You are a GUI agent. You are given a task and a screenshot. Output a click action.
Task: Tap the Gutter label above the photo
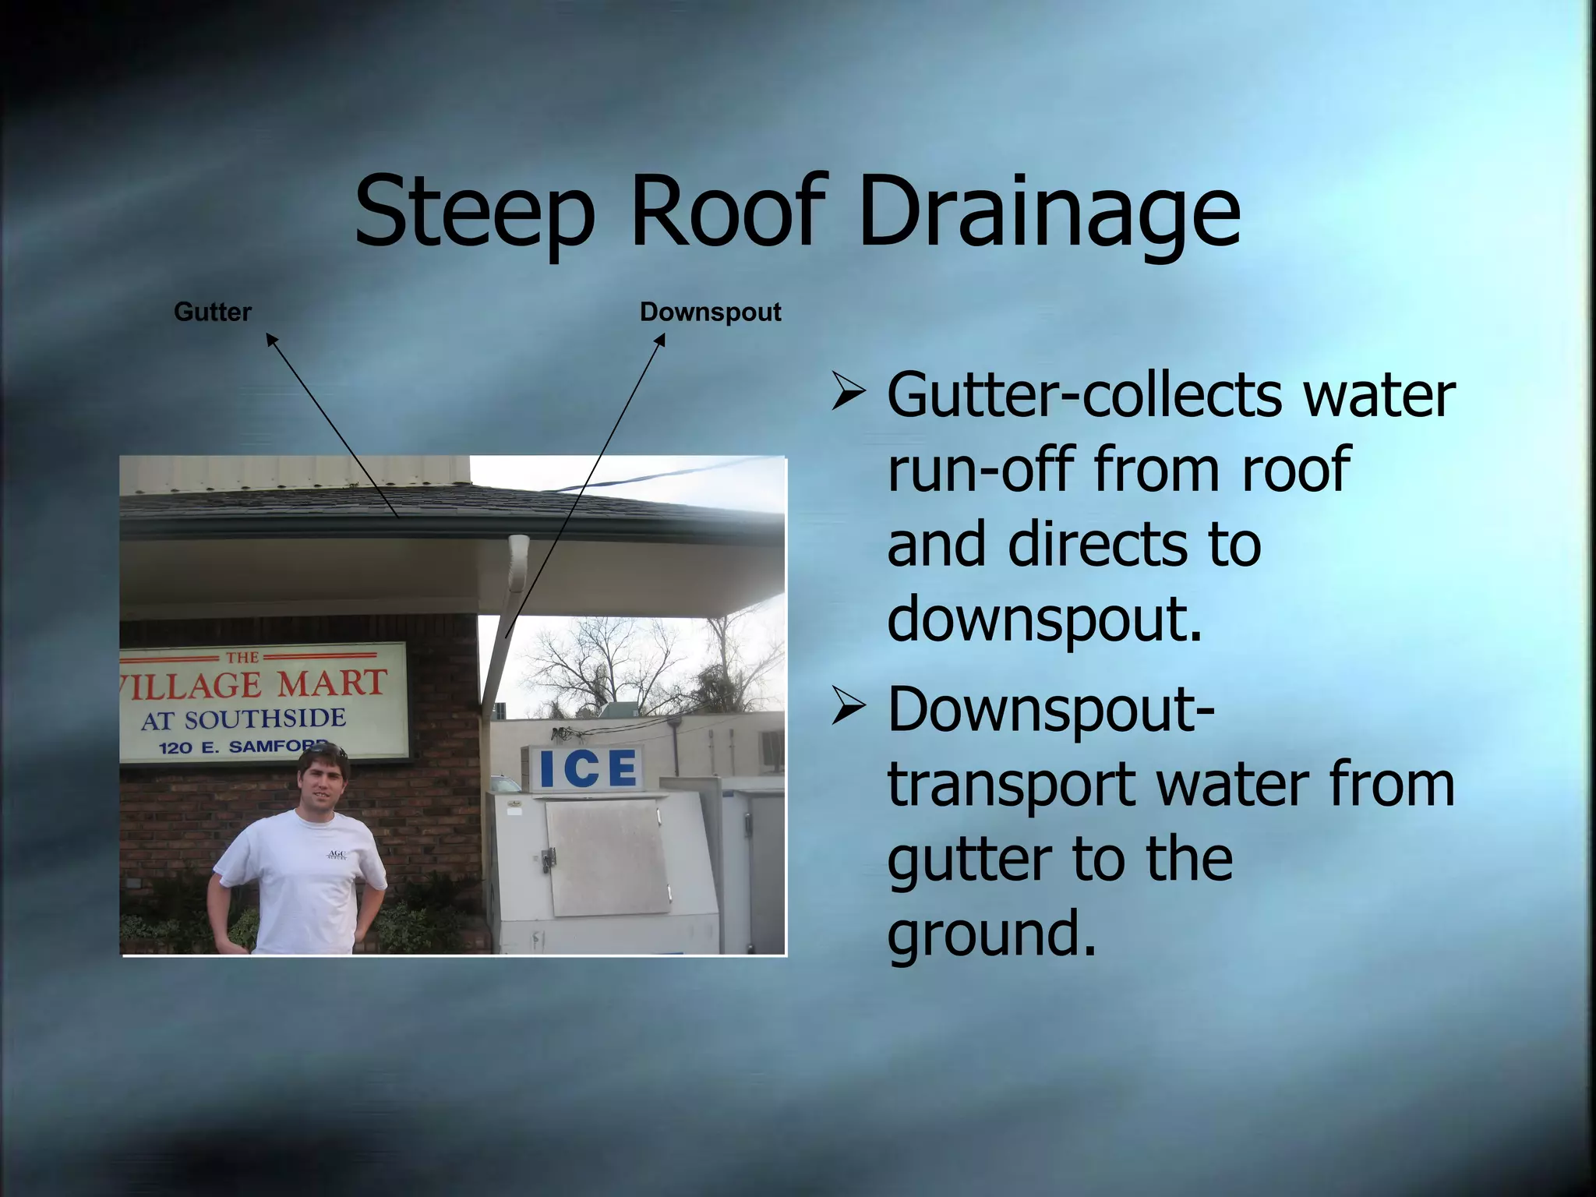pos(212,312)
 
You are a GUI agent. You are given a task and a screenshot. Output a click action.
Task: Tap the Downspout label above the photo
pos(710,312)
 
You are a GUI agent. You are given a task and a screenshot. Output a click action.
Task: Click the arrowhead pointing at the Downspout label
pos(661,339)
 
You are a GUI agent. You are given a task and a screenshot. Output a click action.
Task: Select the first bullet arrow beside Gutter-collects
pos(847,392)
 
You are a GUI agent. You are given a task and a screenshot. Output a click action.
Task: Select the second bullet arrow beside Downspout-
pos(847,706)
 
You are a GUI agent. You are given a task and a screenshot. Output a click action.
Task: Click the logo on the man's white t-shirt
pos(337,855)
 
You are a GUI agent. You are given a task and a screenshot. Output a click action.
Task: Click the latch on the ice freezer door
pos(549,858)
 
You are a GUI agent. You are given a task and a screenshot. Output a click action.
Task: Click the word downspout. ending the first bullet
pos(1044,620)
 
